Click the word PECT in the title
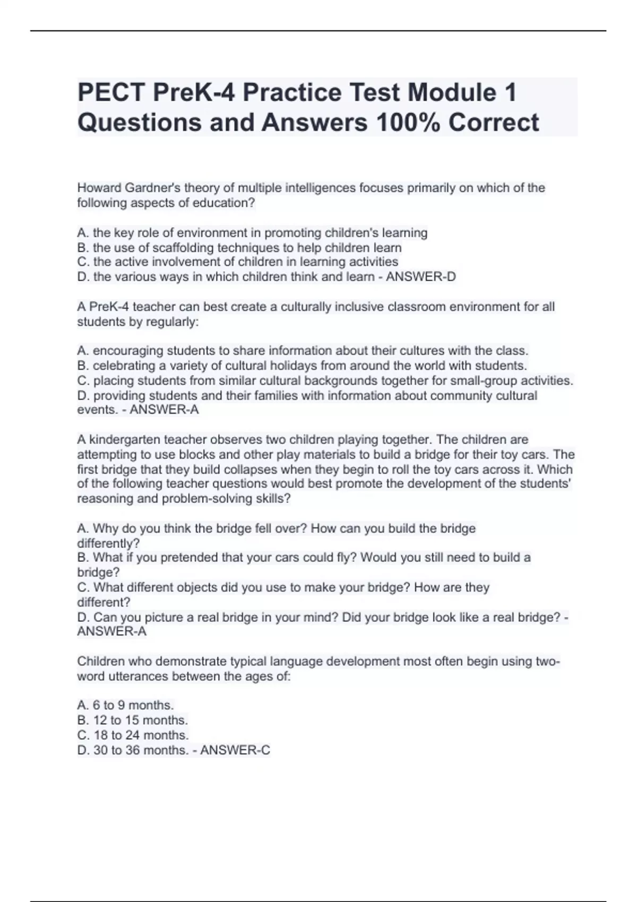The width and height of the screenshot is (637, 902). click(x=111, y=93)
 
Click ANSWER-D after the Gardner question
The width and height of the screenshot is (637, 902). click(x=420, y=277)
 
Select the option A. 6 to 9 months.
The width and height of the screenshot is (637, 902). click(x=125, y=706)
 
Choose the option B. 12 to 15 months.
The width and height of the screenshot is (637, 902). click(x=132, y=721)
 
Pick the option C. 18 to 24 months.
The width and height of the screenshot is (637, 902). click(x=133, y=735)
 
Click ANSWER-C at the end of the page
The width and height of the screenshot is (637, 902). click(x=235, y=750)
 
